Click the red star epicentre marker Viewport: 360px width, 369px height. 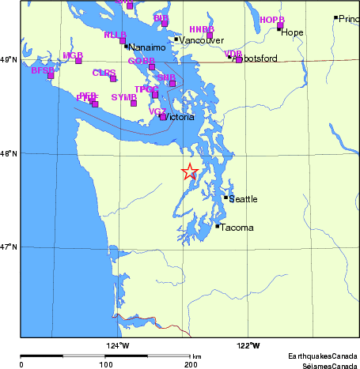[x=190, y=171]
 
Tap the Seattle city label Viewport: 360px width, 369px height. [x=243, y=199]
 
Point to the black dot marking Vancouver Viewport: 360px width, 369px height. [x=176, y=40]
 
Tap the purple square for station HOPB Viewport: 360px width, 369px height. [x=280, y=26]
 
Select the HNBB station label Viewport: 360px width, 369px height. [x=202, y=29]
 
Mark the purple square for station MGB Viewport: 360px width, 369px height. [x=78, y=61]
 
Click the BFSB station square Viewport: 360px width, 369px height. [x=51, y=75]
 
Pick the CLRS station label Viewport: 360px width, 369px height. [x=104, y=73]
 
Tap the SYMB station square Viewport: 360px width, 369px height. [x=134, y=104]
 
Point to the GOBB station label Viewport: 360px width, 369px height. [x=141, y=61]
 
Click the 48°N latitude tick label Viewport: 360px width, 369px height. [x=8, y=153]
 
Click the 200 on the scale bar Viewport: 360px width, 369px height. [x=191, y=364]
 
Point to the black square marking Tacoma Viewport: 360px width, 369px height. [x=218, y=226]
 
